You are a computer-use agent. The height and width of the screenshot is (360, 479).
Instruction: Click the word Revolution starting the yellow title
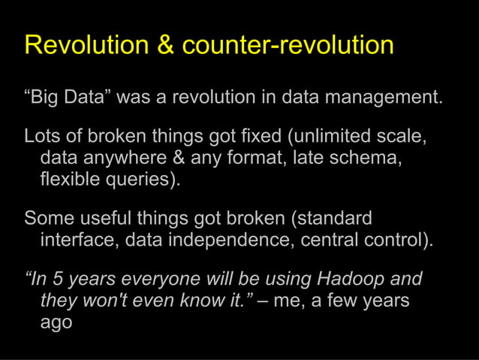pos(86,45)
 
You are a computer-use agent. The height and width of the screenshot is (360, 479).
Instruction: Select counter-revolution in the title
pos(288,45)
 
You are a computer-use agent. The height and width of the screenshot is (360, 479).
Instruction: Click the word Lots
pos(41,137)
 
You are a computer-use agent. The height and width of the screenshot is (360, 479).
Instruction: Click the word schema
pos(369,159)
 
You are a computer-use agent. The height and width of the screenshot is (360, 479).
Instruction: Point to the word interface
pos(79,241)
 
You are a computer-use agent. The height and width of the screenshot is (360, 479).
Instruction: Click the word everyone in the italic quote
pos(153,279)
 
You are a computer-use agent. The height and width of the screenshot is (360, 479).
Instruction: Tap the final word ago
pos(56,324)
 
